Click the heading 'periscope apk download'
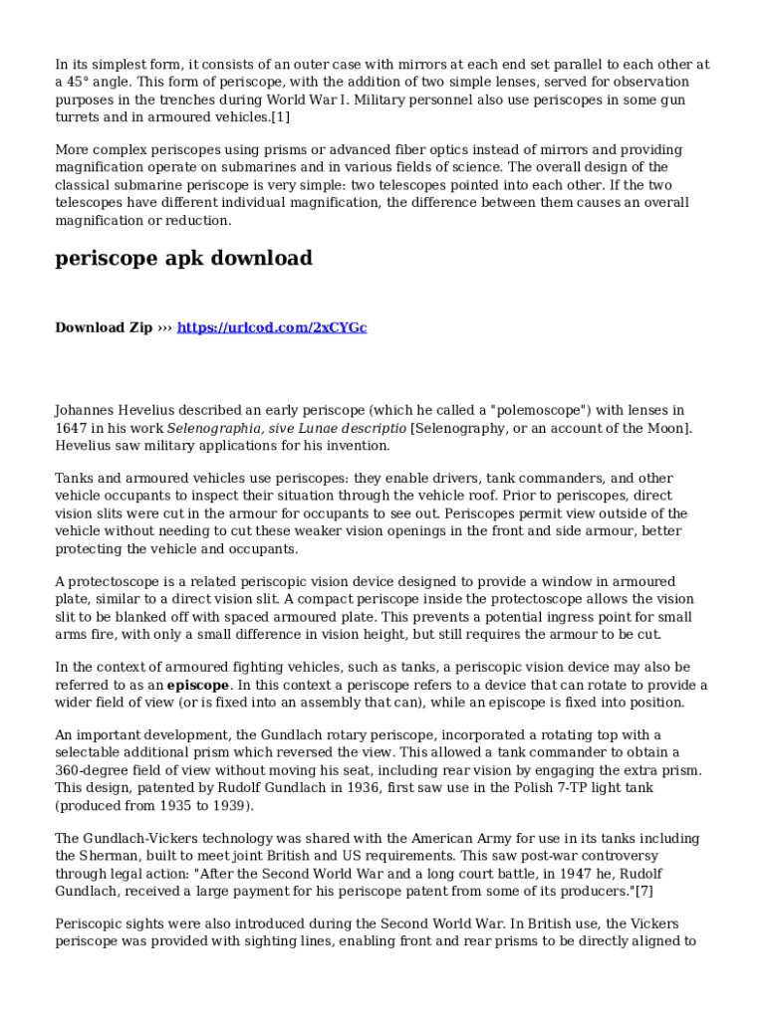(183, 259)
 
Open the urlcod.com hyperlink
(272, 327)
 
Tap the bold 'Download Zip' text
(104, 327)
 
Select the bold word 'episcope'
(198, 686)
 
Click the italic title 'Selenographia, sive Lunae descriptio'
(287, 428)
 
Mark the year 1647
(74, 428)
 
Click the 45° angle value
(77, 82)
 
